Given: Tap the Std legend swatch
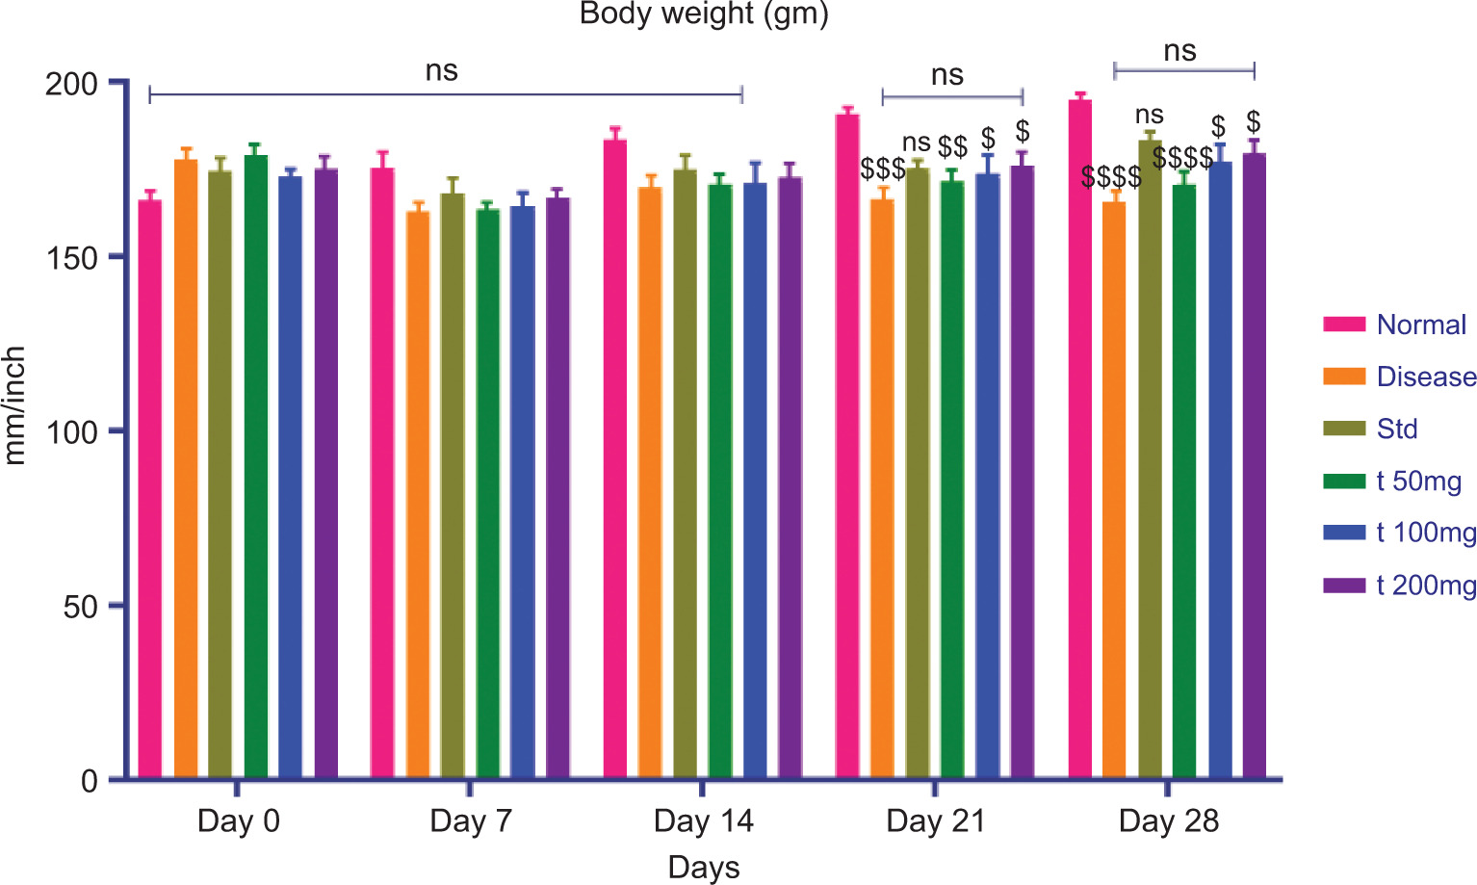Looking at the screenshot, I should coord(1344,429).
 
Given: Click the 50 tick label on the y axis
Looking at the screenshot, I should coord(81,607).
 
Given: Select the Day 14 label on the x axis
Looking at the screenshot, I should coord(703,821).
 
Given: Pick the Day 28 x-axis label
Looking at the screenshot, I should coord(1168,821).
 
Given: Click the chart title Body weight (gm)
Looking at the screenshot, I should coord(704,14).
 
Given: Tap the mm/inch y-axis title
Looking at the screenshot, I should coord(14,405).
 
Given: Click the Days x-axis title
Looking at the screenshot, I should coord(704,867).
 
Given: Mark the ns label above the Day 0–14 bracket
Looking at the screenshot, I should coord(442,71).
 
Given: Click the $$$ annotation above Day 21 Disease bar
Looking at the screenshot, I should coord(883,169).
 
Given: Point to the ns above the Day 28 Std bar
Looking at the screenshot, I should coord(1150,116).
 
